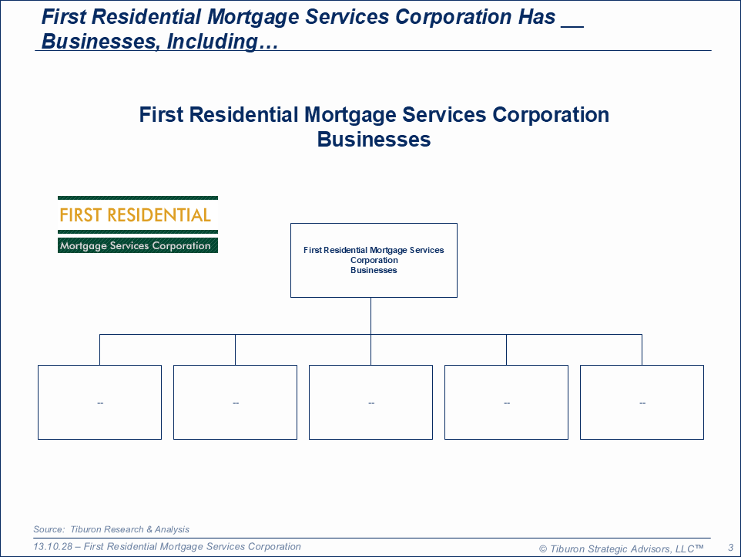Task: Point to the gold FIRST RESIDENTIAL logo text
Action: pos(135,215)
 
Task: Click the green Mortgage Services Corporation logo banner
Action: pos(138,245)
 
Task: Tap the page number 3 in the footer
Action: pos(731,548)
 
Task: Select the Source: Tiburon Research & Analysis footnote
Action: pos(111,529)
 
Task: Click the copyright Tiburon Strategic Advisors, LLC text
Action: pos(622,549)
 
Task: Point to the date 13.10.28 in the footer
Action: pos(52,547)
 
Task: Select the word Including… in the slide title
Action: pos(222,41)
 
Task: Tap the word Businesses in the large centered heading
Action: pos(374,140)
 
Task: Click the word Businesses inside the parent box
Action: pos(374,270)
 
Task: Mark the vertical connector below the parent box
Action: pos(371,316)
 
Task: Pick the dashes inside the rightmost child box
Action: pos(642,403)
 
